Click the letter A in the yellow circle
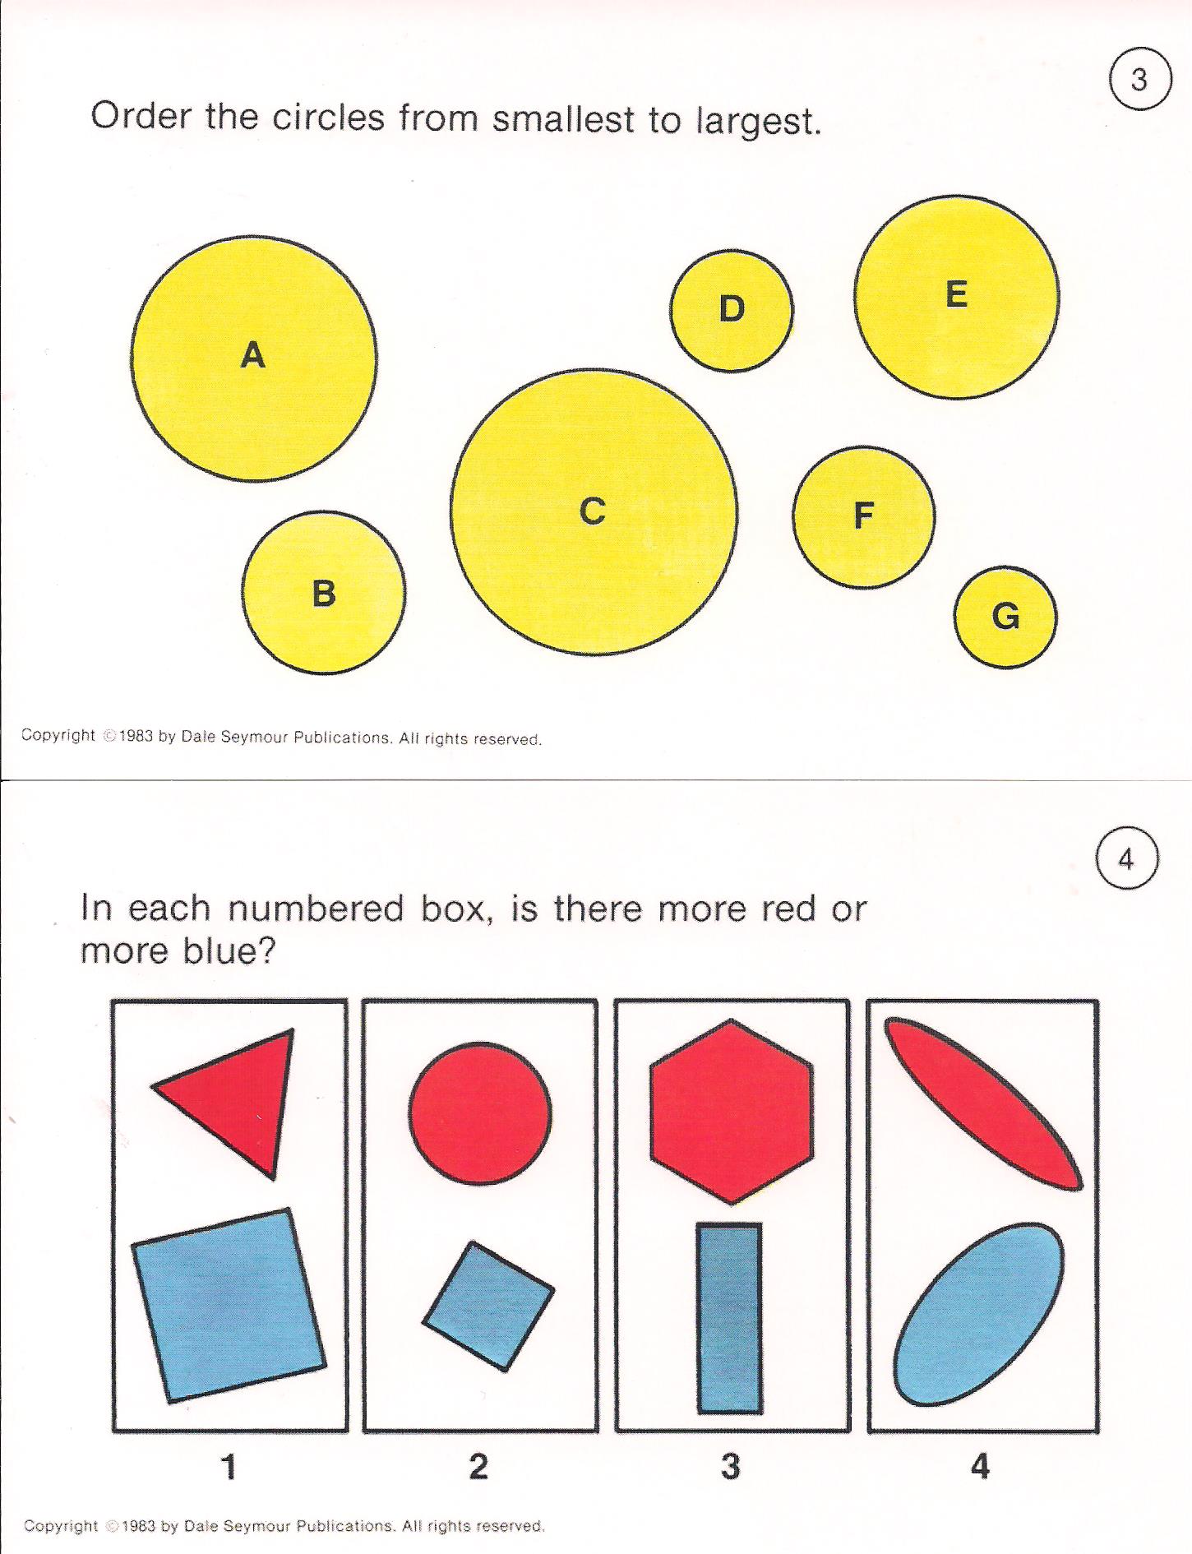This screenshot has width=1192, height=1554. coord(253,355)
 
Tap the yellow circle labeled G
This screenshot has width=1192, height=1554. coord(1005,617)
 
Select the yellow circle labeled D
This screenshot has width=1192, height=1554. coord(732,310)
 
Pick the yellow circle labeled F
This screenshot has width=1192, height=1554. coord(863,516)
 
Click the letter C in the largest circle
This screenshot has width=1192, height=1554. coord(593,511)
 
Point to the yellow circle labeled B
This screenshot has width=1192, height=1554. coord(324,592)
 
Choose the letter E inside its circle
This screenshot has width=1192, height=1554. coord(956,294)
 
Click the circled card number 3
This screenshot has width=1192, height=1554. coord(1139,80)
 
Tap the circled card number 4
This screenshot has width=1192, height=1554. coord(1127,859)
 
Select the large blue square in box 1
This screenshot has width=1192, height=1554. coord(229,1305)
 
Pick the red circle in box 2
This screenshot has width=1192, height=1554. coord(480,1113)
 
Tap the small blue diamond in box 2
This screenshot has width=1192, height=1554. coord(488,1306)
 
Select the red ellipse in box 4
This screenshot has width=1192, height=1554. coord(983,1103)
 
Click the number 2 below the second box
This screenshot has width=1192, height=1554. coord(478,1466)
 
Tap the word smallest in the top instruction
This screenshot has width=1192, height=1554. coord(563,119)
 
